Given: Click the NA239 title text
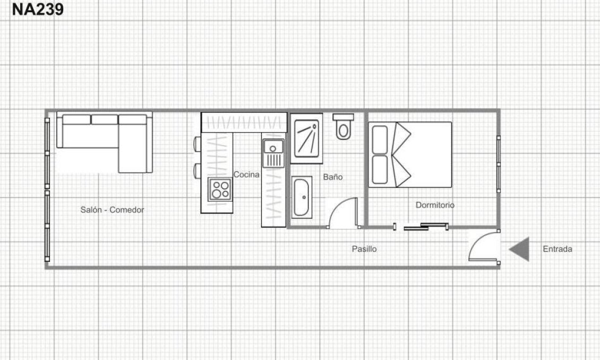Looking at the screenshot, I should pyautogui.click(x=38, y=10).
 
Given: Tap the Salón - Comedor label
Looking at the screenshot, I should pyautogui.click(x=112, y=210).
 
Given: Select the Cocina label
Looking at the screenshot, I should pyautogui.click(x=246, y=175).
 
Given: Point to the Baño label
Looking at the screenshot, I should pyautogui.click(x=333, y=177).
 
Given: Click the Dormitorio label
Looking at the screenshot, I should pyautogui.click(x=435, y=205).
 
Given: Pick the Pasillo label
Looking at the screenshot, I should pyautogui.click(x=364, y=248).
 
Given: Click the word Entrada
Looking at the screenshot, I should pyautogui.click(x=558, y=248).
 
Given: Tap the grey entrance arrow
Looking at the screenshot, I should pyautogui.click(x=520, y=249).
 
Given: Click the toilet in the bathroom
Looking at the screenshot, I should pyautogui.click(x=344, y=126).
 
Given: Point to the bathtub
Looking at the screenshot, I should pyautogui.click(x=303, y=198).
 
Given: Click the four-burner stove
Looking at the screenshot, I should pyautogui.click(x=220, y=188).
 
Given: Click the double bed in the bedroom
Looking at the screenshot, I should pyautogui.click(x=410, y=154).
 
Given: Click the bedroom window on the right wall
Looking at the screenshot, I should pyautogui.click(x=499, y=164).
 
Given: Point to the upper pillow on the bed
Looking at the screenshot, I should pyautogui.click(x=380, y=139).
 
